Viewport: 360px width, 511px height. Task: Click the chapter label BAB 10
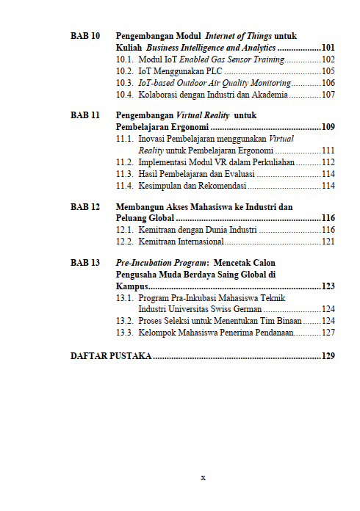85,35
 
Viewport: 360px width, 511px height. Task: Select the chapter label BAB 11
85,115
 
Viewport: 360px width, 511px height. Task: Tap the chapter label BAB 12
85,207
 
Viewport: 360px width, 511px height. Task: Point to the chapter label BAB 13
85,262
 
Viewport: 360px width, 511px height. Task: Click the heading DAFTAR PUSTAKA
111,356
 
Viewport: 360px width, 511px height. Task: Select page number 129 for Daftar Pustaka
328,356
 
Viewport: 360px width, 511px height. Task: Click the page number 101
328,47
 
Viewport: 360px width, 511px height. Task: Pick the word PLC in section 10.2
213,71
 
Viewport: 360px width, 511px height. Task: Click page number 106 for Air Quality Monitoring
328,83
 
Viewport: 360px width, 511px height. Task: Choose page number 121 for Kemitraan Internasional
328,242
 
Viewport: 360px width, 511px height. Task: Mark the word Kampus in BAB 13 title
132,286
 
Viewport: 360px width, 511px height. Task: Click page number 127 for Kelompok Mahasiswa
328,333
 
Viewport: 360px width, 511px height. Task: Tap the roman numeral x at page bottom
203,477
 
